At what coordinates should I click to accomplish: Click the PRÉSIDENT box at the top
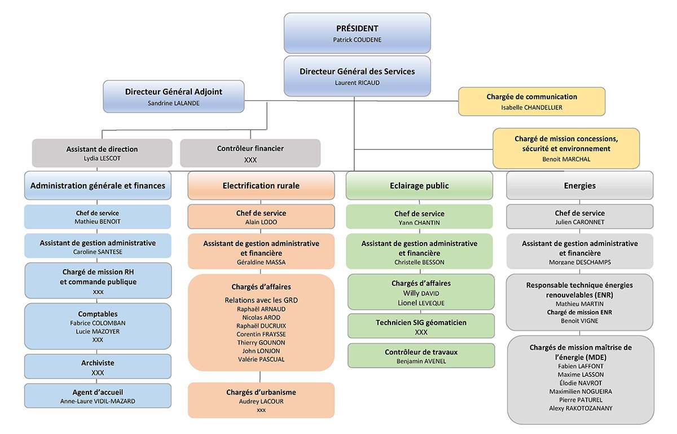[357, 33]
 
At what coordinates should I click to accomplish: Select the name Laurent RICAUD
[357, 82]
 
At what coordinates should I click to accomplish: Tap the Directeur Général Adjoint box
[173, 96]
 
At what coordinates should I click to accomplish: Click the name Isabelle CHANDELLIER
[531, 107]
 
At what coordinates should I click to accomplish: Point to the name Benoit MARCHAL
[566, 159]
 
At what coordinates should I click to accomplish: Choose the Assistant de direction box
[102, 153]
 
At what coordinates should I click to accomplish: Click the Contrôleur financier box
[250, 153]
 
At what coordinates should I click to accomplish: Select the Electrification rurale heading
[261, 185]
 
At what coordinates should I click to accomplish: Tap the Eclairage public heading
[419, 185]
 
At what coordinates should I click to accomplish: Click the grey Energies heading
[579, 185]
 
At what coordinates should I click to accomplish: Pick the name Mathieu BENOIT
[98, 222]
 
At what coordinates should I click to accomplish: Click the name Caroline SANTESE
[98, 252]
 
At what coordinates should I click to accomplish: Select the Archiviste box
[98, 367]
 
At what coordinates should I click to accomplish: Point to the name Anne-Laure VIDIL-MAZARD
[98, 401]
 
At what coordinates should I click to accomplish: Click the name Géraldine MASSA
[261, 262]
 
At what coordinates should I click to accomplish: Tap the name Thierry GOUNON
[261, 343]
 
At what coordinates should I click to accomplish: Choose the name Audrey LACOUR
[261, 401]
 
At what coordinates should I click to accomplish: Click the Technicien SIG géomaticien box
[421, 326]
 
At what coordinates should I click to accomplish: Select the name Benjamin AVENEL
[421, 361]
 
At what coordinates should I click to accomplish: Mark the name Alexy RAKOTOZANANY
[579, 408]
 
